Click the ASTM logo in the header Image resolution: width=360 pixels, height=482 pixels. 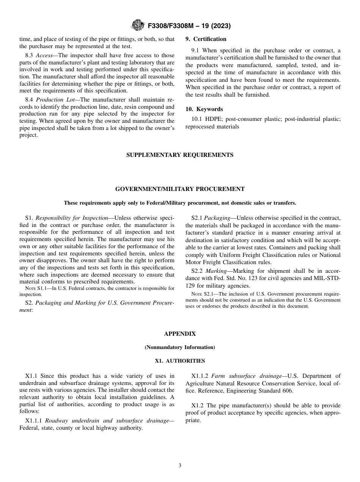coord(137,26)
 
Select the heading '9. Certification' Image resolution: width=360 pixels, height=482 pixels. coord(206,39)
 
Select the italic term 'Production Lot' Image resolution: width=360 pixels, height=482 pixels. coord(52,100)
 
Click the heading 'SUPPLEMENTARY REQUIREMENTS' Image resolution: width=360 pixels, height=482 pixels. coord(180,155)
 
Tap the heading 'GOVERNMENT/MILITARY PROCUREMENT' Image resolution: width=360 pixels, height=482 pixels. coord(180,189)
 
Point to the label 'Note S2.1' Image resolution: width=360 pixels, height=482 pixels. coord(201,294)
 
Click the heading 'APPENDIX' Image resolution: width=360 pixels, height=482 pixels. coord(180,334)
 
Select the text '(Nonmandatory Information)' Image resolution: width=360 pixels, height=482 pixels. coord(180,347)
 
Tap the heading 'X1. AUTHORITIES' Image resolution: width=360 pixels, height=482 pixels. coord(180,361)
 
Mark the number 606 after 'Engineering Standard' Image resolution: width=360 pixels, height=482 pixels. coord(288,391)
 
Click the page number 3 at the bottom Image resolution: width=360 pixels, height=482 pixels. coord(180,466)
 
